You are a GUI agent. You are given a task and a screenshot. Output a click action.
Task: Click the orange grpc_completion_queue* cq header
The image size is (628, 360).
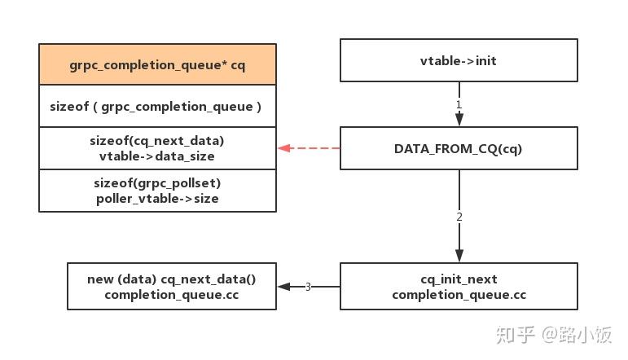pos(157,64)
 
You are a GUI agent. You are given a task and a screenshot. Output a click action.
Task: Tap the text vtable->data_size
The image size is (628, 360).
pos(157,156)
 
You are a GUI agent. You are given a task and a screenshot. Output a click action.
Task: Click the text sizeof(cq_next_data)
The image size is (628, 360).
pos(157,140)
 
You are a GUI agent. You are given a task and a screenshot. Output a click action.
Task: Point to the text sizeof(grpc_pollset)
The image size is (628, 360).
pos(157,182)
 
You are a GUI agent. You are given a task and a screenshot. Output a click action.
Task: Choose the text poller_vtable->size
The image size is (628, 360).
pos(157,198)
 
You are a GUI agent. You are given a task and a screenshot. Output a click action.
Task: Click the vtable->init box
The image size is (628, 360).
pos(459,60)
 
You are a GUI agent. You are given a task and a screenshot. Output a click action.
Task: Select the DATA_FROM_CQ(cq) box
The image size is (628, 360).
pos(459,148)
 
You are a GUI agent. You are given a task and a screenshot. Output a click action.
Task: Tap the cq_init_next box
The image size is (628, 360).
pos(459,286)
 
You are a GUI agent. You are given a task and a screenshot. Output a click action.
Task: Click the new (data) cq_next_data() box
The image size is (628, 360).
pos(171,286)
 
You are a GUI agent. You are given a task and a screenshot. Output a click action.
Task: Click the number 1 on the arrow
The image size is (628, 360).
pos(459,105)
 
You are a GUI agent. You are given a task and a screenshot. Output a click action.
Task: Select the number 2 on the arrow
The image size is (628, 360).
pos(459,217)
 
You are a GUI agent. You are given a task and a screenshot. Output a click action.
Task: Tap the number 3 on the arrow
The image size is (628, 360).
pos(308,287)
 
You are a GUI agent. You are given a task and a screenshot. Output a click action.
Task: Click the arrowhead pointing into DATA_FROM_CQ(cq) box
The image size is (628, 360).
pos(459,120)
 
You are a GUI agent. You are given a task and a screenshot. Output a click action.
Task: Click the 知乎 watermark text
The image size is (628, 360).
pos(516,334)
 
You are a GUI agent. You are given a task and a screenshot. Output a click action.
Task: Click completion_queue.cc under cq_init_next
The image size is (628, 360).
pos(459,294)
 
